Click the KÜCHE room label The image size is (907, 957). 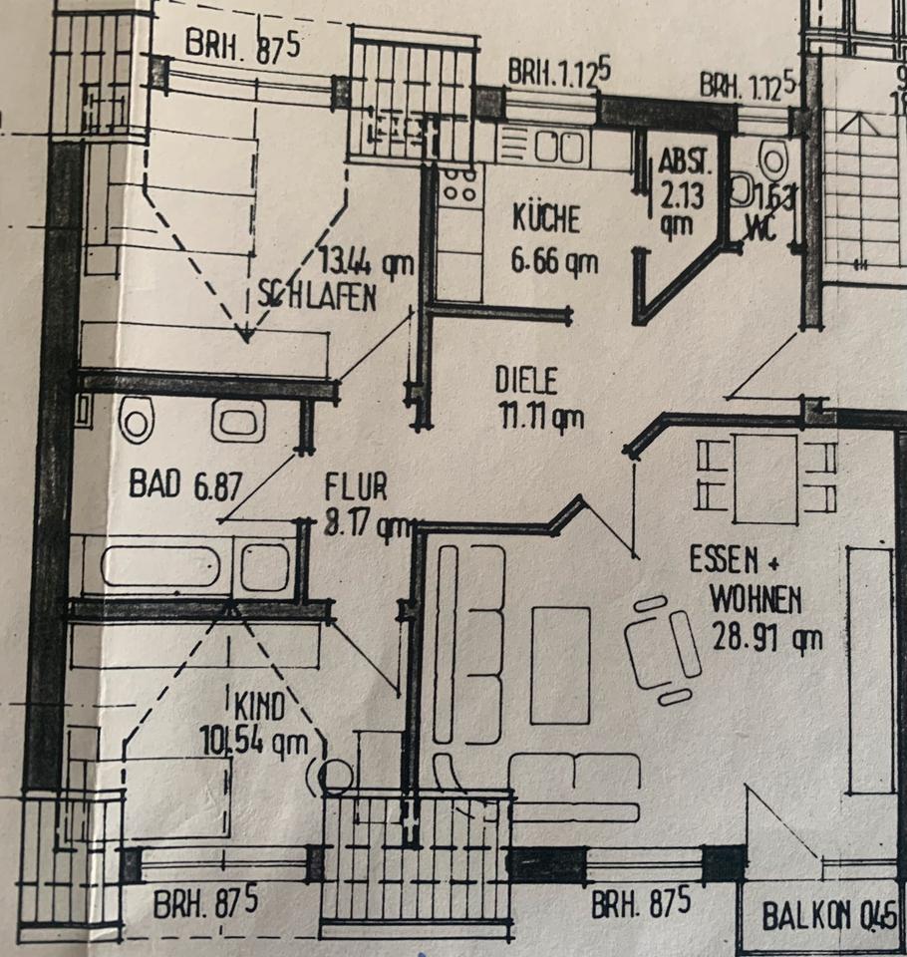[545, 217]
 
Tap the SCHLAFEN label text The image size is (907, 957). [317, 296]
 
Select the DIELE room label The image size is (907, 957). [527, 380]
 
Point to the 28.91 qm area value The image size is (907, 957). [766, 636]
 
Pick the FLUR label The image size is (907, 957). [356, 487]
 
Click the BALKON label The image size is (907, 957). [815, 914]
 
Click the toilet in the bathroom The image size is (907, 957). [136, 420]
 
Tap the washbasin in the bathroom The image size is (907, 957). [238, 421]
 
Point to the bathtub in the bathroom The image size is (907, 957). [159, 566]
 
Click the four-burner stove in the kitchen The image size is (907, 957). [458, 184]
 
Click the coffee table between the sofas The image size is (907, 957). [559, 665]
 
